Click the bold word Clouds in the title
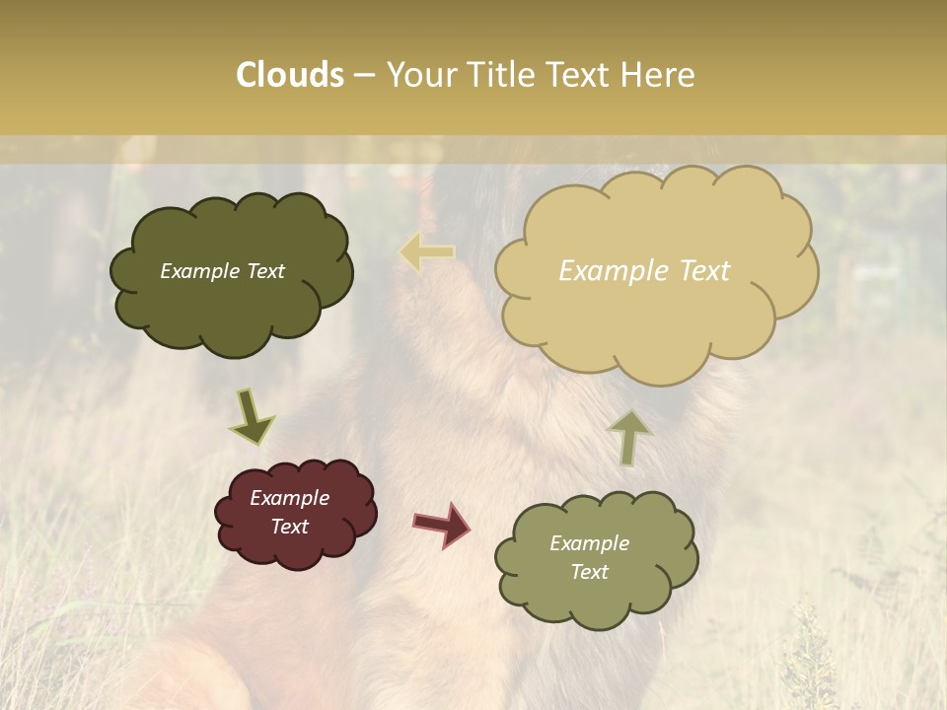tap(289, 75)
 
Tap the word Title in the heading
tap(507, 75)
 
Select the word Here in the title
tap(658, 75)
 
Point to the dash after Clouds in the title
tap(364, 75)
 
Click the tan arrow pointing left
tap(426, 252)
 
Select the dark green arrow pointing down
tap(251, 418)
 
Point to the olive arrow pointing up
tap(628, 437)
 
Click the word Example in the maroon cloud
tap(290, 498)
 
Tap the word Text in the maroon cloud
tap(290, 527)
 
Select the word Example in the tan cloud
tap(613, 271)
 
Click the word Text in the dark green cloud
tap(263, 271)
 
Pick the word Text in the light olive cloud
tap(590, 572)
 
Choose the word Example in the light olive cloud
tap(590, 543)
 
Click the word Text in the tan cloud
tap(704, 271)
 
